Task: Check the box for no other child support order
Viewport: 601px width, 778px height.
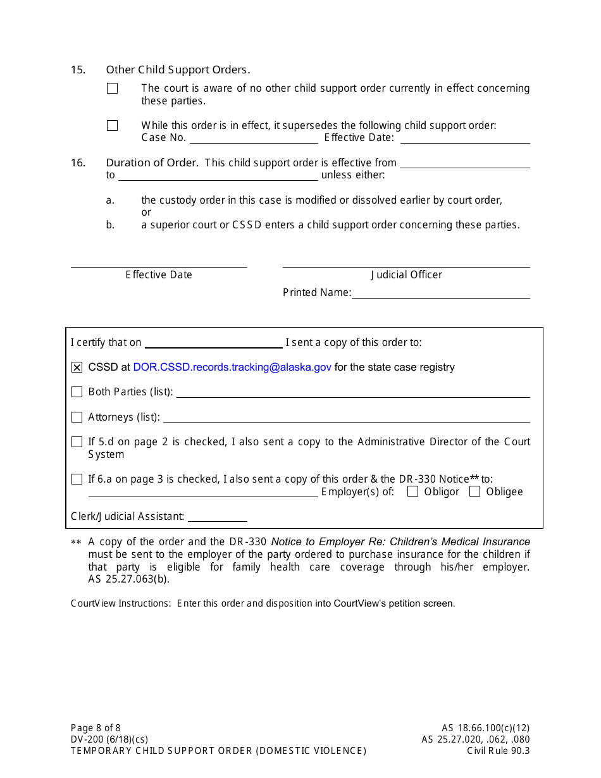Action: (x=113, y=89)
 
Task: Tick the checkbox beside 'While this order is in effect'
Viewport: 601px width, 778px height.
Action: (x=113, y=126)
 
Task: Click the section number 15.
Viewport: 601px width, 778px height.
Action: (x=78, y=70)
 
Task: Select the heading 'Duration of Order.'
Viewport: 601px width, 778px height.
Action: (x=152, y=163)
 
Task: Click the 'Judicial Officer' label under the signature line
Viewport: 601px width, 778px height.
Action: (x=406, y=275)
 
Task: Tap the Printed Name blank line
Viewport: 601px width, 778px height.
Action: (x=440, y=293)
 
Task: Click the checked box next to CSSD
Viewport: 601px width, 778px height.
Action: (x=77, y=367)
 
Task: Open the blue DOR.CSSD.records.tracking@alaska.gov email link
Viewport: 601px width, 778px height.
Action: (x=232, y=367)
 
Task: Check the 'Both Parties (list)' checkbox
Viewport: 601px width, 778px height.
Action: (x=77, y=392)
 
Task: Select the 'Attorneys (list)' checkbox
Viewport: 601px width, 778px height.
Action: (x=77, y=417)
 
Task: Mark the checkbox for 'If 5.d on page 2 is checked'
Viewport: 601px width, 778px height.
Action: (x=77, y=442)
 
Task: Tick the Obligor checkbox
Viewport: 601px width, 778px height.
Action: (x=413, y=491)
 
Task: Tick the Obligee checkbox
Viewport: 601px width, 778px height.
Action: (x=475, y=491)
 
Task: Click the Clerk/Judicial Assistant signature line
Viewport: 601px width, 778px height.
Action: (x=217, y=517)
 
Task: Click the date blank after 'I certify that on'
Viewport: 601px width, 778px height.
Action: (x=213, y=343)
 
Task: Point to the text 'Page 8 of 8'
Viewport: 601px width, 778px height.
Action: (x=96, y=728)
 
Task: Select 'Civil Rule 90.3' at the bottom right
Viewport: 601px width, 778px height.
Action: (x=498, y=751)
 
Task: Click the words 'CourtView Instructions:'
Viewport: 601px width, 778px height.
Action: (x=120, y=603)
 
